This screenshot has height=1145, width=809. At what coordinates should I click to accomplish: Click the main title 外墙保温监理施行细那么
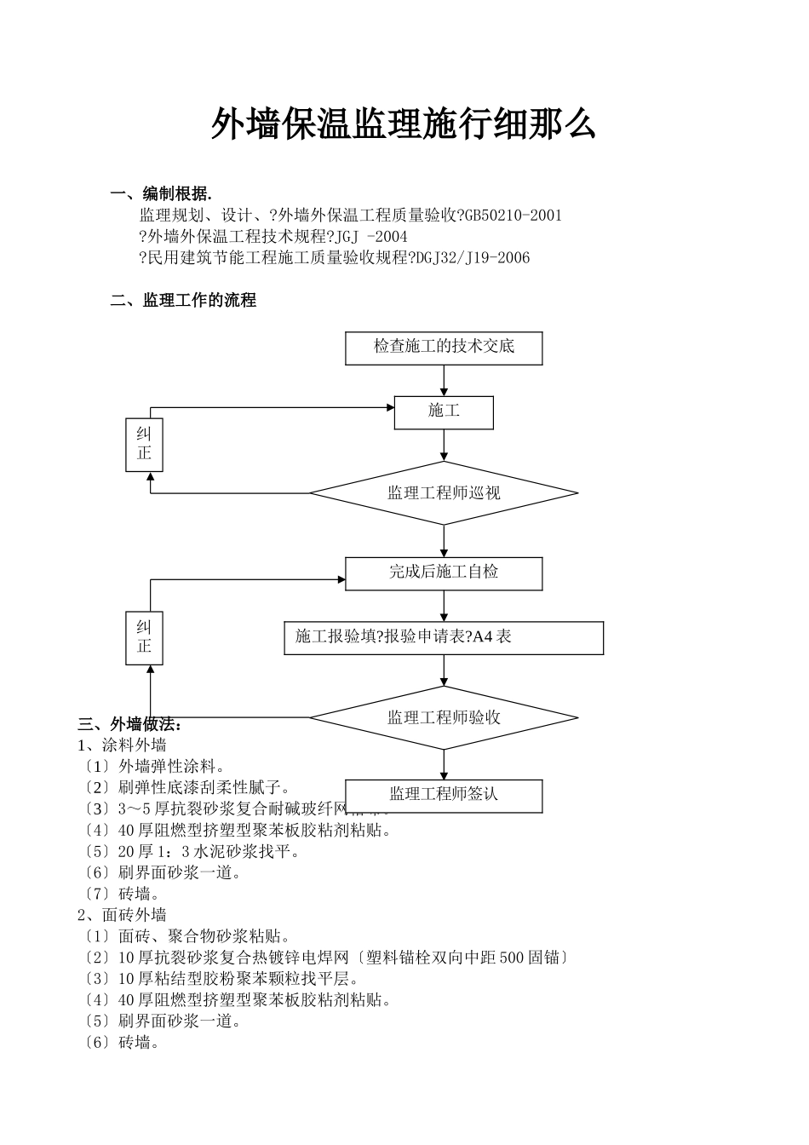tap(403, 124)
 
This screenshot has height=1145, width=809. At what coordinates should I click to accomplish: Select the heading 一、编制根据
tap(161, 193)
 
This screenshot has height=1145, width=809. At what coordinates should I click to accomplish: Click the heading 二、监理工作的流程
tap(183, 301)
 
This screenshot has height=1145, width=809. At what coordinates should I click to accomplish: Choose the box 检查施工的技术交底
tap(444, 348)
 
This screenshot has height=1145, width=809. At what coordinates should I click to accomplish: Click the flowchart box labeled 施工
tap(444, 412)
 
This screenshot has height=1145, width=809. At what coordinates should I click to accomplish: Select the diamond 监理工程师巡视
tap(444, 493)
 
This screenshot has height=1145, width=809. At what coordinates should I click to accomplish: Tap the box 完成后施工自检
tap(444, 572)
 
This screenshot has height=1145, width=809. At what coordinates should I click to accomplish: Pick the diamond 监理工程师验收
tap(444, 717)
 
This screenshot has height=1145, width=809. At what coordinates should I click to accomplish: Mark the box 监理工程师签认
tap(444, 795)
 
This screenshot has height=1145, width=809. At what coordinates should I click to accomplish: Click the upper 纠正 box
tap(144, 445)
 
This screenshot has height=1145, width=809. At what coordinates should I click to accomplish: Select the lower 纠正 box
tap(144, 637)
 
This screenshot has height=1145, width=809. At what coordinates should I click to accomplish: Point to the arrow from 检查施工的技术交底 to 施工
tap(444, 380)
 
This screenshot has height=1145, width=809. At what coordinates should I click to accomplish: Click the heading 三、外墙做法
tap(129, 725)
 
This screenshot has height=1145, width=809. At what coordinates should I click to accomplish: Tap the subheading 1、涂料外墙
tap(122, 745)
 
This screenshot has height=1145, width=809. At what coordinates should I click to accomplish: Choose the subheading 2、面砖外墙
tap(122, 915)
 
